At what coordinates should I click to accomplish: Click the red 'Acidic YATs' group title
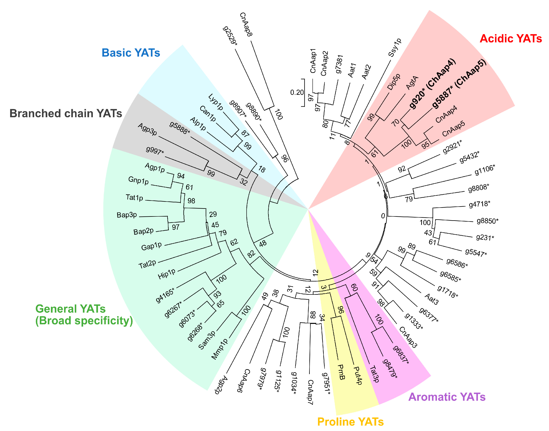click(510, 39)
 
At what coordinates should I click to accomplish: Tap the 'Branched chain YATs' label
click(66, 114)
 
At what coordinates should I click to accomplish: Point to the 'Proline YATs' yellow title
click(350, 422)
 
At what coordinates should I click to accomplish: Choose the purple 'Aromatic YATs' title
click(447, 397)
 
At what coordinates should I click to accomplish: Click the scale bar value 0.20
click(297, 93)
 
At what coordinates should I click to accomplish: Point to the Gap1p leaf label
click(151, 246)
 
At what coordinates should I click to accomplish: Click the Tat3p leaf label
click(374, 374)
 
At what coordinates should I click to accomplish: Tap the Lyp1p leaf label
click(216, 102)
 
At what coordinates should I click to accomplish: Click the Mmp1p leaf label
click(219, 349)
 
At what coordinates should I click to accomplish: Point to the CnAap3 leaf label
click(408, 337)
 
